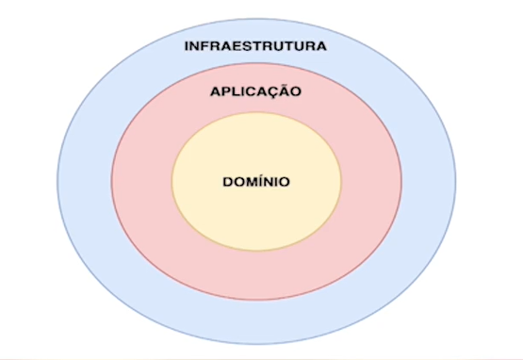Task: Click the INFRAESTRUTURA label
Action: click(255, 45)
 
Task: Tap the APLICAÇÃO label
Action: click(255, 92)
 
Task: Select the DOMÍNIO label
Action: click(255, 180)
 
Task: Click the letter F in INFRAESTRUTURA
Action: click(208, 45)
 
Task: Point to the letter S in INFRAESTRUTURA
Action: click(250, 45)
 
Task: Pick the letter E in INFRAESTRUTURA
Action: click(238, 45)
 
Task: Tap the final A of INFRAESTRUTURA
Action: click(320, 45)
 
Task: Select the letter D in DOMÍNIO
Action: click(226, 180)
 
